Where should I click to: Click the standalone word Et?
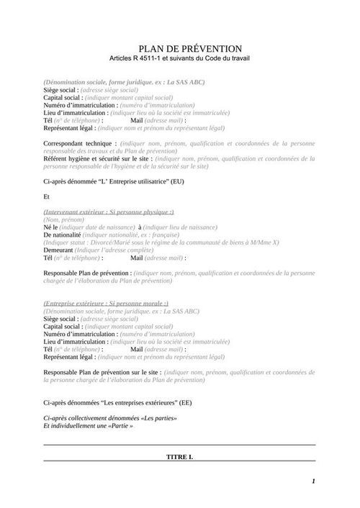47,196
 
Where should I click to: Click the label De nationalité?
65,235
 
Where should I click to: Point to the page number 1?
314,481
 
